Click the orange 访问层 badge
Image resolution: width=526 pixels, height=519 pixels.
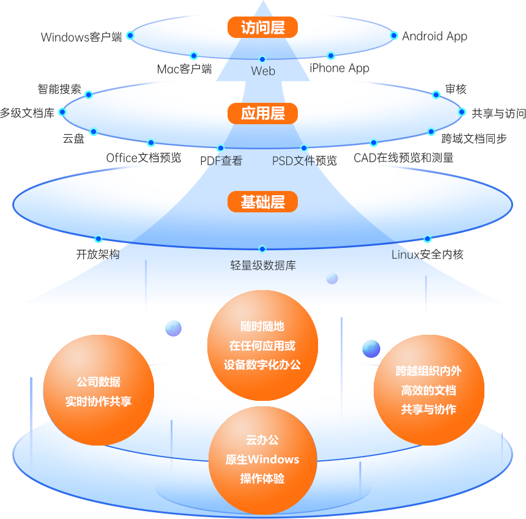pyautogui.click(x=263, y=28)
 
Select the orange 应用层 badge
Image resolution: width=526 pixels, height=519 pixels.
pyautogui.click(x=263, y=113)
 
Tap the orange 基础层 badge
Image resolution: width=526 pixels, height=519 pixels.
pyautogui.click(x=263, y=202)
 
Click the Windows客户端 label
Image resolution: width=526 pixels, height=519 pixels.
pyautogui.click(x=81, y=37)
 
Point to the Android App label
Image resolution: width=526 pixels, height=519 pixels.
pyautogui.click(x=434, y=36)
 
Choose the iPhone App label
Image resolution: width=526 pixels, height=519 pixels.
pyautogui.click(x=339, y=68)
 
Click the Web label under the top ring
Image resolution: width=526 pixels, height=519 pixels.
pyautogui.click(x=263, y=71)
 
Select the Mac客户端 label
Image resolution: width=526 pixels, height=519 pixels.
pyautogui.click(x=184, y=69)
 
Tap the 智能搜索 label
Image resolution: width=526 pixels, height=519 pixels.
pyautogui.click(x=59, y=89)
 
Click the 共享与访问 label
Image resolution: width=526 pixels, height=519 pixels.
pyautogui.click(x=498, y=113)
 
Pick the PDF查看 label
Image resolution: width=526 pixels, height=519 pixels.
pyautogui.click(x=221, y=161)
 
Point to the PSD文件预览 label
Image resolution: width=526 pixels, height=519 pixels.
pyautogui.click(x=305, y=161)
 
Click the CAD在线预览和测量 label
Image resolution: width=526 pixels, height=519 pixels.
pyautogui.click(x=404, y=158)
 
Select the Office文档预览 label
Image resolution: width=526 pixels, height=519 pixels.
pyautogui.click(x=144, y=157)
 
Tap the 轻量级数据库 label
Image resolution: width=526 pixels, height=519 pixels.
pyautogui.click(x=263, y=266)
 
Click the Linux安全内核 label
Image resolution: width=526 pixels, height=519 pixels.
pyautogui.click(x=428, y=254)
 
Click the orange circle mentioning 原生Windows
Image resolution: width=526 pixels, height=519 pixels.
pyautogui.click(x=262, y=459)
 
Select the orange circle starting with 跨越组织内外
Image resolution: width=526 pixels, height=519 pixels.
pyautogui.click(x=428, y=390)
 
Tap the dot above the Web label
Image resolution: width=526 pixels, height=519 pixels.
pyautogui.click(x=262, y=59)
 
